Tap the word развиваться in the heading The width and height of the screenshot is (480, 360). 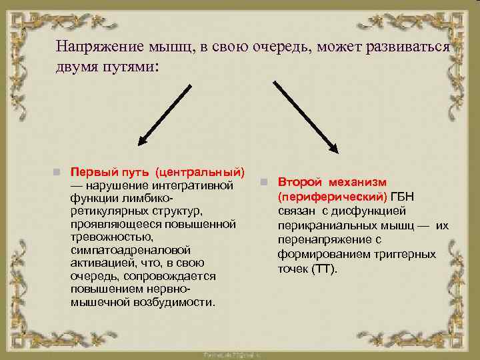pyautogui.click(x=414, y=47)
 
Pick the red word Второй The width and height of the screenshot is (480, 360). pyautogui.click(x=300, y=181)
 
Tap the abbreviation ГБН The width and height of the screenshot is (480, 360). pyautogui.click(x=401, y=197)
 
